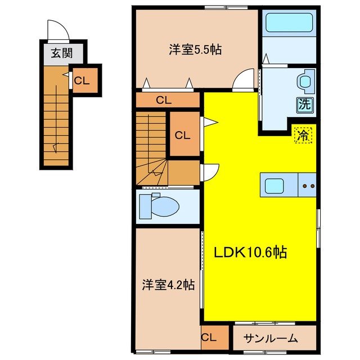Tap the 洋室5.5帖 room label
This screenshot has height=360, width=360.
[195, 49]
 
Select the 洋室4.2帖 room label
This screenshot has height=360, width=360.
[167, 285]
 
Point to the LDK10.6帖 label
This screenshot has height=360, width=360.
[250, 253]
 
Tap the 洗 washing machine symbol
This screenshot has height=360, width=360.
[304, 103]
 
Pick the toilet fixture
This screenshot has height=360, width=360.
[160, 206]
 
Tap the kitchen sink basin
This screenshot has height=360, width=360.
[276, 186]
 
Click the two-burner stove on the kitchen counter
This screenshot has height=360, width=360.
[308, 185]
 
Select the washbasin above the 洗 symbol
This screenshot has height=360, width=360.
[305, 82]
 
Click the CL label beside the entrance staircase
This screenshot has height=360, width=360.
[82, 80]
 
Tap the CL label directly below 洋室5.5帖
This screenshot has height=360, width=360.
[163, 101]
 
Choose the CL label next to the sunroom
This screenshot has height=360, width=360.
[208, 337]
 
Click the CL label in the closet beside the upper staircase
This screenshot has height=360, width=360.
[182, 135]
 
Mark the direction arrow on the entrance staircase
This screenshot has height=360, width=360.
[55, 147]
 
